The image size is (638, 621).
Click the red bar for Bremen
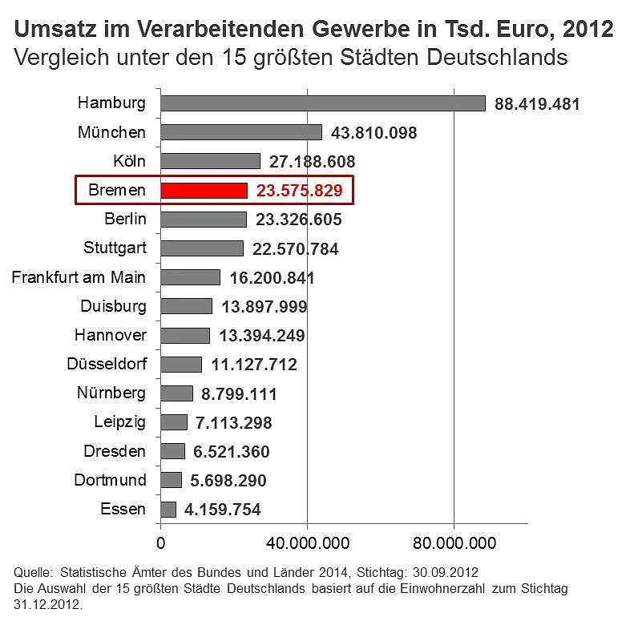[x=204, y=190]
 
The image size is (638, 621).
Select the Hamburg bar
[x=323, y=103]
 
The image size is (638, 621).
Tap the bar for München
[x=241, y=132]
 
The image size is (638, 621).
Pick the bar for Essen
[x=168, y=509]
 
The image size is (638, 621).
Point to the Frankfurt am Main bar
[x=191, y=277]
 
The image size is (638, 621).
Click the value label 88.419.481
[x=537, y=104]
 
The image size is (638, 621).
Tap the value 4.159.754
[x=222, y=510]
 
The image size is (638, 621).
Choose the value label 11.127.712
[x=253, y=365]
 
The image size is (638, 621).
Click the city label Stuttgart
[x=115, y=248]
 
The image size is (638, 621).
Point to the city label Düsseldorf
[x=107, y=364]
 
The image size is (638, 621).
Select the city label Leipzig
[x=120, y=421]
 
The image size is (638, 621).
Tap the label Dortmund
[x=110, y=480]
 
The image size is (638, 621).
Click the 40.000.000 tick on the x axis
[x=307, y=543]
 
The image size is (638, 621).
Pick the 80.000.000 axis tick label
[x=454, y=543]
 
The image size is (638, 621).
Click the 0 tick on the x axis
[x=161, y=543]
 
